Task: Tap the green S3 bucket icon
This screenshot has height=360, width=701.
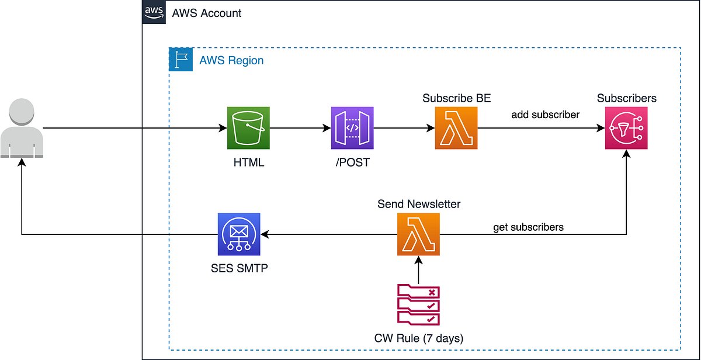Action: (x=248, y=128)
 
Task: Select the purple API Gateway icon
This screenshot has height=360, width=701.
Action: (x=352, y=128)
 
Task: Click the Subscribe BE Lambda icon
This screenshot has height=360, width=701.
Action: (x=456, y=128)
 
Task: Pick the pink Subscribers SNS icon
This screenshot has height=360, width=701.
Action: (x=626, y=128)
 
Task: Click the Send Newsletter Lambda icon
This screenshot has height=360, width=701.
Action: (x=418, y=234)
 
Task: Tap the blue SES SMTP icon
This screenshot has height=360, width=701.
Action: (x=239, y=234)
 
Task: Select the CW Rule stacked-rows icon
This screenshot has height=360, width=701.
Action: (x=418, y=304)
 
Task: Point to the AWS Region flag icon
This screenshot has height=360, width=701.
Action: (x=181, y=60)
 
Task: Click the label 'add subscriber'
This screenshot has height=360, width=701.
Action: (x=546, y=115)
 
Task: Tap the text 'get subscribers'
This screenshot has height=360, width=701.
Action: (x=529, y=227)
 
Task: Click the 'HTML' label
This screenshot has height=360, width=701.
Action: (x=248, y=162)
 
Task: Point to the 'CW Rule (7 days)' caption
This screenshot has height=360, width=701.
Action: (x=419, y=338)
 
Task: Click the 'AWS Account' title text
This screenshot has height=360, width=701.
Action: (x=207, y=13)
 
